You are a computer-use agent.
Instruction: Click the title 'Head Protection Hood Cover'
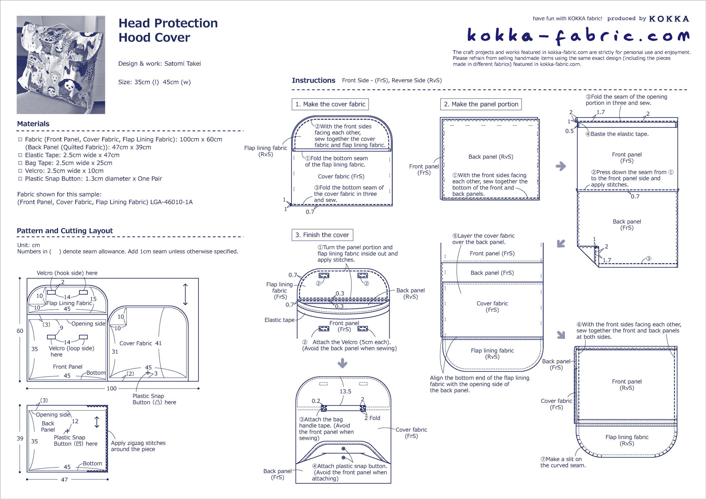click(168, 30)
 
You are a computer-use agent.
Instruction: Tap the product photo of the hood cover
click(61, 65)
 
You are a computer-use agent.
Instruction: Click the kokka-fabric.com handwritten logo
click(578, 37)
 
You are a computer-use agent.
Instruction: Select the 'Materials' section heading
click(33, 124)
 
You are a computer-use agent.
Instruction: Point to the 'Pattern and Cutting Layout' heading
click(65, 231)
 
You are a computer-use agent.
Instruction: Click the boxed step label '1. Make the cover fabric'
click(330, 104)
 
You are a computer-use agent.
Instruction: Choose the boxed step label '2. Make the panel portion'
click(481, 104)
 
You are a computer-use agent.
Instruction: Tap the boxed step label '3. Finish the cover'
click(322, 235)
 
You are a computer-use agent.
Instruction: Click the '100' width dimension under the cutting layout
click(112, 389)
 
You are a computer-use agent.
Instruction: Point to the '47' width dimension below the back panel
click(64, 479)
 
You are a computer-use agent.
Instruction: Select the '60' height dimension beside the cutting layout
click(20, 331)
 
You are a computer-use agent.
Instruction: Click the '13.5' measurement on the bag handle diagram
click(345, 391)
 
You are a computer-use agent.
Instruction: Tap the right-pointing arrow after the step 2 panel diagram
click(561, 166)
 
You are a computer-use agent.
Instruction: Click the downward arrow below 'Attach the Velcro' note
click(342, 364)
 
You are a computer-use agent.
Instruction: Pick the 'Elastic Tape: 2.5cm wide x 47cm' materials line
click(72, 155)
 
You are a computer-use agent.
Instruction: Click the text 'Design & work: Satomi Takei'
click(159, 64)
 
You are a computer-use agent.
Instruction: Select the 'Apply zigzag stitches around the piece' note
click(138, 446)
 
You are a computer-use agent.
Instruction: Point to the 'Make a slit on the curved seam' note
click(563, 462)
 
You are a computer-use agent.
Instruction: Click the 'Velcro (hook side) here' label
click(67, 273)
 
